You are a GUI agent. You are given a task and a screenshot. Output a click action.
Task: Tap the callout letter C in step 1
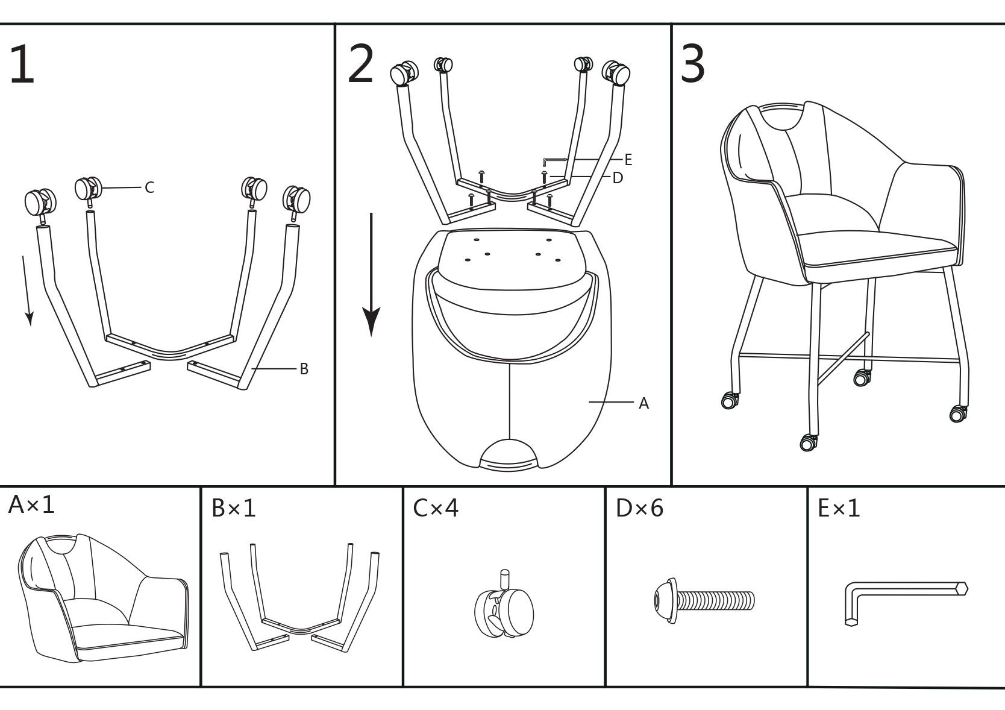[149, 188]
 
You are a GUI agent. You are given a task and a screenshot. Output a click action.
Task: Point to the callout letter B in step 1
[304, 369]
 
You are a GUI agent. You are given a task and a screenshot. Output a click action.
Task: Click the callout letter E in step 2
[628, 160]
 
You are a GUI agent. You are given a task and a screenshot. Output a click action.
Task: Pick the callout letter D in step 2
[618, 178]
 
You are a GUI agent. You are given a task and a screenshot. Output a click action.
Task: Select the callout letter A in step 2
[643, 404]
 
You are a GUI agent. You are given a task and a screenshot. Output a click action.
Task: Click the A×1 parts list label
[31, 505]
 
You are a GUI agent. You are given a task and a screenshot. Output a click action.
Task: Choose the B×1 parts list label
[234, 509]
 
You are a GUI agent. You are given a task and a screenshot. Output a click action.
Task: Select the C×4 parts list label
[436, 508]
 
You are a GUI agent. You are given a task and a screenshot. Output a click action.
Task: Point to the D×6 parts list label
[639, 509]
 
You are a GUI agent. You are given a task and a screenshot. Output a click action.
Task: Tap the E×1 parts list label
[839, 509]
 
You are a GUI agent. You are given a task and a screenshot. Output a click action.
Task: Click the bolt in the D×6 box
[704, 600]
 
